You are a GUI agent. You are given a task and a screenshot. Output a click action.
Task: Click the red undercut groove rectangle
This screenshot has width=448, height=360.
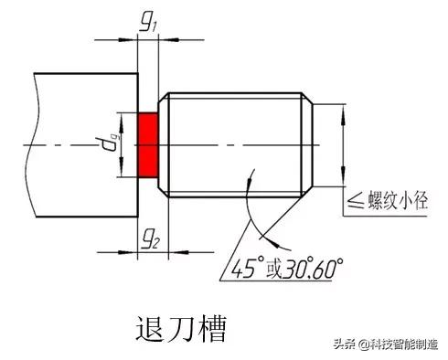click(148, 145)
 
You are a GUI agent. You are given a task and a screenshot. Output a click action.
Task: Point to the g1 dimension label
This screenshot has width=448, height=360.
click(146, 24)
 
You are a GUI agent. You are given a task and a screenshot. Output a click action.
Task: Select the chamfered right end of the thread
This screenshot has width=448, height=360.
click(308, 145)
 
